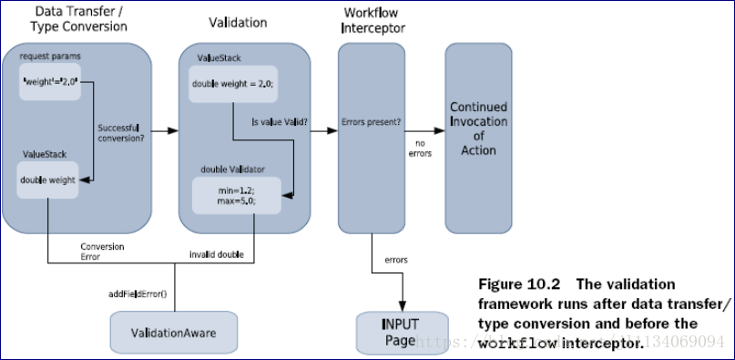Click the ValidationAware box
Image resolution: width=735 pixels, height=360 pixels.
click(174, 333)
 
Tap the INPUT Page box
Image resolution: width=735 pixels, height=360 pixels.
click(402, 332)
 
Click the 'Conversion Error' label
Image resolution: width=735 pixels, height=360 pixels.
click(102, 252)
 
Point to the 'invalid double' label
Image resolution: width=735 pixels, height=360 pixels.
click(216, 252)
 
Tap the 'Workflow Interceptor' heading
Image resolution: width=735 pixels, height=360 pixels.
click(373, 20)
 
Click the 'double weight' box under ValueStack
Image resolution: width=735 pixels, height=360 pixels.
click(49, 180)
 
